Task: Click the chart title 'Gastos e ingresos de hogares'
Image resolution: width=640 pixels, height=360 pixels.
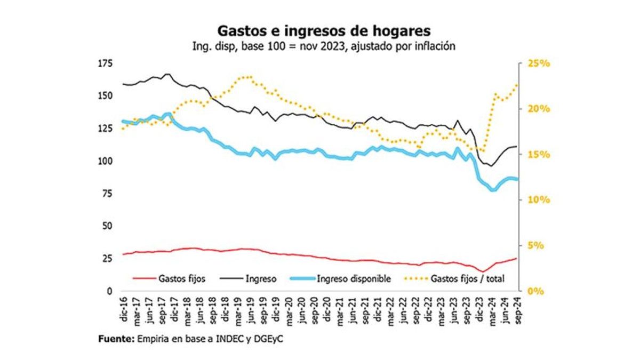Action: (319, 29)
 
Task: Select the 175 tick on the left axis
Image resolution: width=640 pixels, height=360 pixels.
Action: (105, 63)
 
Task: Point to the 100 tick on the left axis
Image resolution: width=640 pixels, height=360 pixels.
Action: (105, 161)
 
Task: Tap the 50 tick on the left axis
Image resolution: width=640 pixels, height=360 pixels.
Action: (107, 226)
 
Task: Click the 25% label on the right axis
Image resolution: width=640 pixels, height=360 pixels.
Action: (537, 63)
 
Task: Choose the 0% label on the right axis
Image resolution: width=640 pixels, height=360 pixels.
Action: (534, 291)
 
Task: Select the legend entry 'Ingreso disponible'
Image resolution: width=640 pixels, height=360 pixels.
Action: (354, 278)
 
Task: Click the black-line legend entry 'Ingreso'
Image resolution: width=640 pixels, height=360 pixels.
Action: (261, 278)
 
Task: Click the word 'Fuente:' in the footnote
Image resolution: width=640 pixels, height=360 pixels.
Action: (116, 339)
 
